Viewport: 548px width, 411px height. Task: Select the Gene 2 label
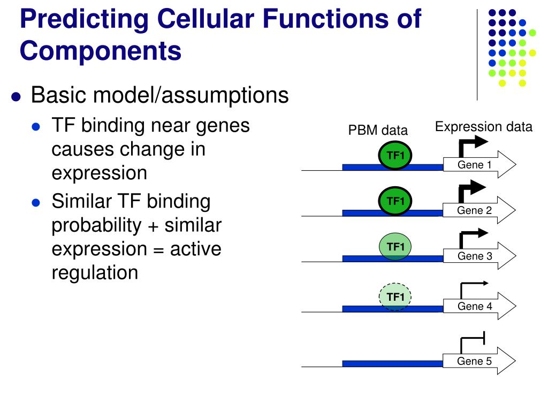[x=474, y=210]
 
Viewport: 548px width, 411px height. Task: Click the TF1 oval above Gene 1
[x=395, y=156]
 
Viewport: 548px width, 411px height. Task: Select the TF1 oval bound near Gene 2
[x=395, y=202]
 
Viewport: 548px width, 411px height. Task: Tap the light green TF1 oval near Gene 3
[x=395, y=247]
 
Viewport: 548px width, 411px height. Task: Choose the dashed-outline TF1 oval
[x=395, y=297]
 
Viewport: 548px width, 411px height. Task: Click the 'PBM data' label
[x=378, y=130]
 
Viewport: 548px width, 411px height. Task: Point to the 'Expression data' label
[x=483, y=127]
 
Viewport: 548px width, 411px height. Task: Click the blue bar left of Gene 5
[x=392, y=364]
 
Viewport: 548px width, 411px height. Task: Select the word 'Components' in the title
[x=101, y=51]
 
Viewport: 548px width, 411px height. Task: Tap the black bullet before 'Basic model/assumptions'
[x=17, y=97]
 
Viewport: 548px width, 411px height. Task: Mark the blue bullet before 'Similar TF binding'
[x=36, y=203]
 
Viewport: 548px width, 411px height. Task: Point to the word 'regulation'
[x=95, y=272]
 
